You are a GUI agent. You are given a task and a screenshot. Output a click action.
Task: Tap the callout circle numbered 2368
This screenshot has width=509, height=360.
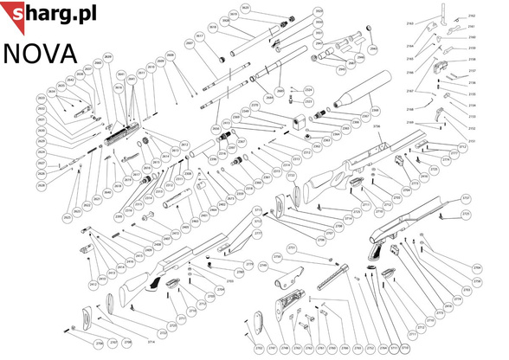coord(375,112)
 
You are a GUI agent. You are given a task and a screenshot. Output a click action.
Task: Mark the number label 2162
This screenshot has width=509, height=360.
coord(472,16)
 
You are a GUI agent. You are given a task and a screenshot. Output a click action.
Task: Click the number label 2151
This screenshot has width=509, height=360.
coord(472,139)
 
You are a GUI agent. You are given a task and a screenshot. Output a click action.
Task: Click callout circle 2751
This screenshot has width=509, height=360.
coord(291,247)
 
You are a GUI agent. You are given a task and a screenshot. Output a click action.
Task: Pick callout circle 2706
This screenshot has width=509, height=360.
coord(100,344)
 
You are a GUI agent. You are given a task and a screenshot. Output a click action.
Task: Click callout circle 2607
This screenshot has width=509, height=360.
coord(190,42)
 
